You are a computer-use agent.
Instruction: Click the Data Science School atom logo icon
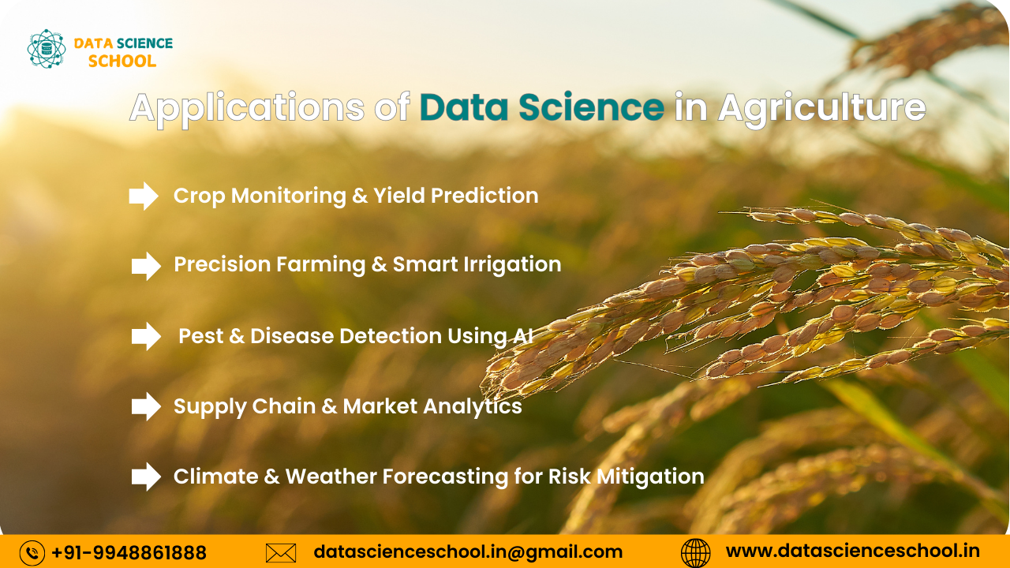pyautogui.click(x=46, y=49)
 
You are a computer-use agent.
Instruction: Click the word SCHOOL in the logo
pyautogui.click(x=122, y=62)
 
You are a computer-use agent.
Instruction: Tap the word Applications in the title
pyautogui.click(x=246, y=108)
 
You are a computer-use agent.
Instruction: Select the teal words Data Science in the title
pyautogui.click(x=541, y=108)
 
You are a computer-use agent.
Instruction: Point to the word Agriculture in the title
pyautogui.click(x=821, y=108)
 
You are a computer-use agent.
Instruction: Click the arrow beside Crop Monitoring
pyautogui.click(x=144, y=196)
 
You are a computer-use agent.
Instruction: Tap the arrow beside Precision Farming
pyautogui.click(x=146, y=266)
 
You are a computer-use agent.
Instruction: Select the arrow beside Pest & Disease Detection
pyautogui.click(x=146, y=337)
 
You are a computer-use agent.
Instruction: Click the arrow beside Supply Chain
pyautogui.click(x=146, y=406)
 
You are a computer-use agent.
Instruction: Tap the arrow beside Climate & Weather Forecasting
pyautogui.click(x=146, y=476)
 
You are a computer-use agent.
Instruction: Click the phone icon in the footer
pyautogui.click(x=32, y=553)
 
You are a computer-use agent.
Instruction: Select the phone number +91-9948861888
pyautogui.click(x=129, y=553)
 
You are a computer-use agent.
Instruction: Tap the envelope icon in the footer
pyautogui.click(x=281, y=553)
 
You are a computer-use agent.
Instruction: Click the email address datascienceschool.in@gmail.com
pyautogui.click(x=468, y=552)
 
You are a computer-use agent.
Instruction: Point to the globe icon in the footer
pyautogui.click(x=695, y=553)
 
